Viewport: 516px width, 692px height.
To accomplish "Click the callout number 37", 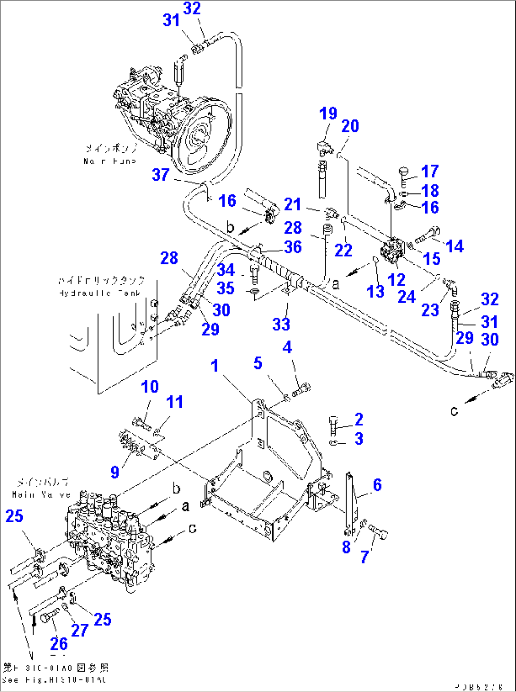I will pos(160,175).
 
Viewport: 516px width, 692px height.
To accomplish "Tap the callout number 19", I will pos(328,114).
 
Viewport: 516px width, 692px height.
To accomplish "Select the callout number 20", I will pos(350,126).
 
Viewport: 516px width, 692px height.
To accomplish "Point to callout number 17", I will pos(430,171).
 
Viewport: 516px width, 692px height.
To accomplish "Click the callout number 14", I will pos(454,246).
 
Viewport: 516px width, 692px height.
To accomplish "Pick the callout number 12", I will pos(396,280).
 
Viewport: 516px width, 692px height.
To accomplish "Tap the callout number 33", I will pos(281,324).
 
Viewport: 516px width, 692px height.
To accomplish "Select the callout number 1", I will pos(214,365).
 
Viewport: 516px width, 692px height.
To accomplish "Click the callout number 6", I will pos(377,484).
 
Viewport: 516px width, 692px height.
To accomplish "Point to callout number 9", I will pos(115,472).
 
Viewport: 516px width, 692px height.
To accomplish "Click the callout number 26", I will pos(59,643).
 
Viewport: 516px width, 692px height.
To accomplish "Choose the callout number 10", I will pos(150,386).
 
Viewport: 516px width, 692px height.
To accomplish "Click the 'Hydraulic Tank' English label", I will pos(99,293).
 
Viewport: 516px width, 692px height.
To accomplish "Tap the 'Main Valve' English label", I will pos(41,495).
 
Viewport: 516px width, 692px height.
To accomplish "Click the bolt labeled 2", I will pos(334,426).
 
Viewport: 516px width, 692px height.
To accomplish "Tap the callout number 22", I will pos(343,250).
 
